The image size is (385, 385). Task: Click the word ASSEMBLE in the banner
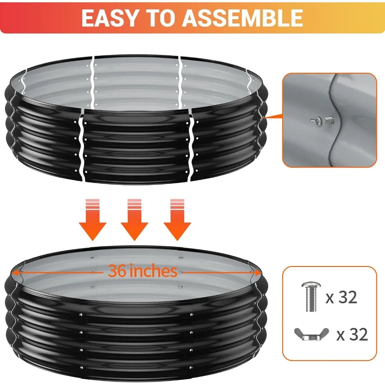242,18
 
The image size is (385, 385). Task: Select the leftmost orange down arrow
92,219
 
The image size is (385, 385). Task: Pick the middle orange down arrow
134,219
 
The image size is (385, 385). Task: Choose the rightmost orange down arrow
177,219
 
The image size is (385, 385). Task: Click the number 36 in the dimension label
117,271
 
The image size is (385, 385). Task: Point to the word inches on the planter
153,271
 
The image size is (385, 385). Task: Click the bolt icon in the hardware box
311,297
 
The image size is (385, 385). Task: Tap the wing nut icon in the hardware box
311,334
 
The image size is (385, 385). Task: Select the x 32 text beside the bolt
341,297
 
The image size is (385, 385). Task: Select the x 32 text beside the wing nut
352,335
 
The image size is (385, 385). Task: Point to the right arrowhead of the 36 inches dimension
258,273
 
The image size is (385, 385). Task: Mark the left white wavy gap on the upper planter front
82,147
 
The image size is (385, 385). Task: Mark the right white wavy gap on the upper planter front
191,147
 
